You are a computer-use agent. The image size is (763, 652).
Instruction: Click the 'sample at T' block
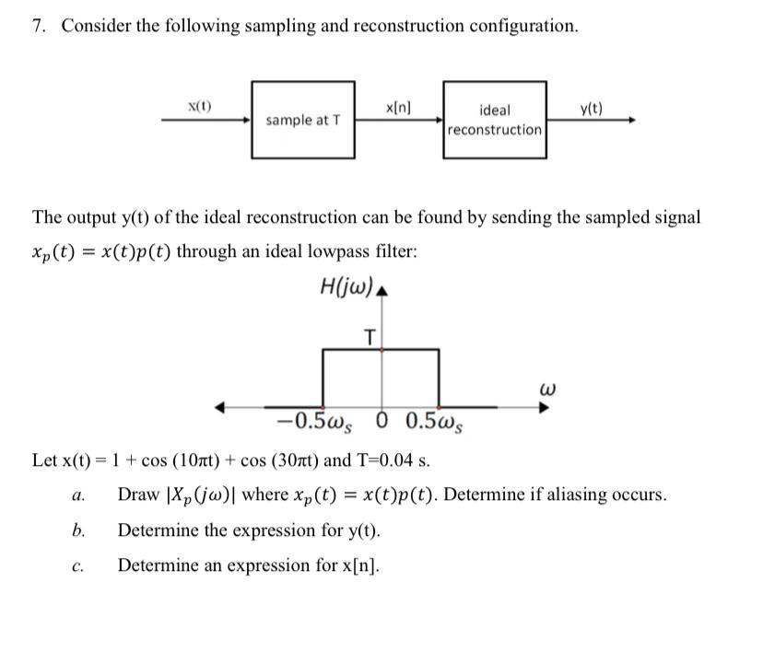point(302,120)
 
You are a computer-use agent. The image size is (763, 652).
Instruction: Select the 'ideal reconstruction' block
point(494,120)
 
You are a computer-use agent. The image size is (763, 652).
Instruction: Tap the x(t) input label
point(199,106)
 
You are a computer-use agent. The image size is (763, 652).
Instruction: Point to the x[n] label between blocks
point(398,107)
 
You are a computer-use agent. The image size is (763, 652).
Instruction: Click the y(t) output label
point(592,109)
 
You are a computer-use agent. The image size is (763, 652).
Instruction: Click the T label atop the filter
point(370,337)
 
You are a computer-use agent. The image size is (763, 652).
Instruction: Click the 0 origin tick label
point(383,424)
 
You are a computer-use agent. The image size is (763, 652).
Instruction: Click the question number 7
point(38,26)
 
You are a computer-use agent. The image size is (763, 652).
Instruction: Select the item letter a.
point(78,495)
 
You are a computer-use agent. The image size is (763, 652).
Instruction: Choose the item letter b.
point(78,530)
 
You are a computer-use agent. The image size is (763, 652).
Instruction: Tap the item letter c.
point(78,565)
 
